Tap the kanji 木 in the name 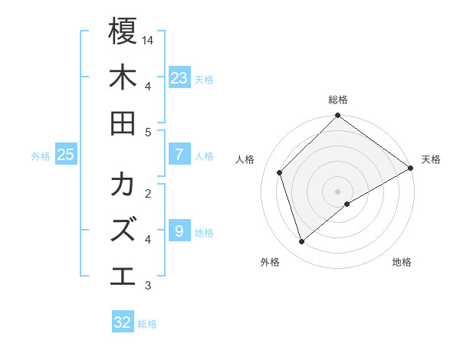coord(123,78)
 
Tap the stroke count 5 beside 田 coord(148,132)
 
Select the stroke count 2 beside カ coord(148,193)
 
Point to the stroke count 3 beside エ coord(148,286)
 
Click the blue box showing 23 coord(179,77)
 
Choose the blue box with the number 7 coord(179,155)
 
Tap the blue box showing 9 coord(179,231)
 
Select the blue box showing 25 coord(66,155)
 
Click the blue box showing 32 coord(123,322)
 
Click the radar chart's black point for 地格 coord(347,204)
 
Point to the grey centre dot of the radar coord(338,191)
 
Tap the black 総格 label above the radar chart coord(338,100)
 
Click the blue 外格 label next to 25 coord(41,156)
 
